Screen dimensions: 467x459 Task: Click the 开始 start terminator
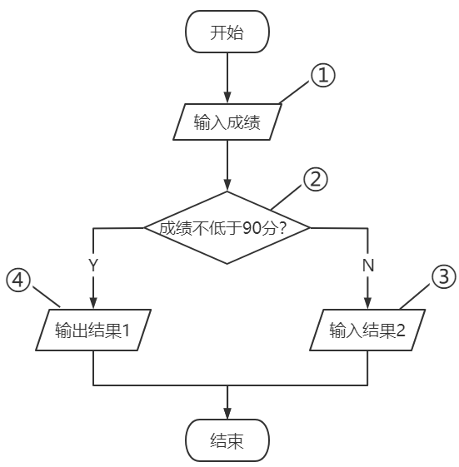227,32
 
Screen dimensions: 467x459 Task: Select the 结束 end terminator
227,441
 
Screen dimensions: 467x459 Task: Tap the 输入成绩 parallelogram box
227,122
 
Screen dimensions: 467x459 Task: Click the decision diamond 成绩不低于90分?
227,227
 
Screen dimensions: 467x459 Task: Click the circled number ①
322,76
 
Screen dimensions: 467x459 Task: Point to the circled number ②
316,178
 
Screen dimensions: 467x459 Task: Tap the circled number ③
445,276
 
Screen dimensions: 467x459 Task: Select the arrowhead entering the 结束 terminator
227,415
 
